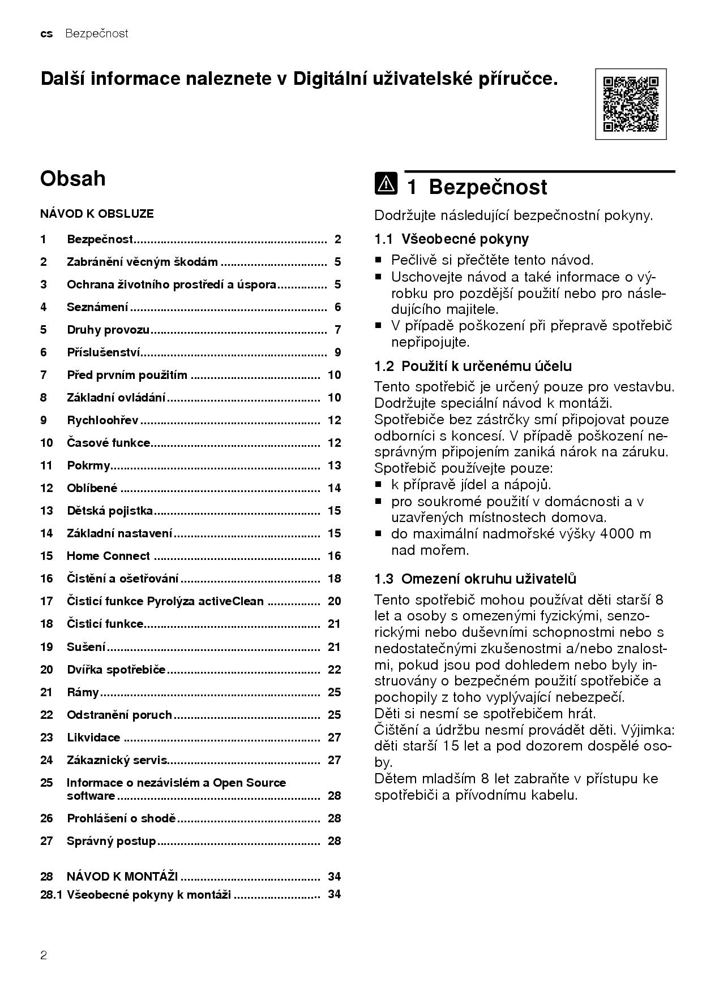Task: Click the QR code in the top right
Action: tap(631, 104)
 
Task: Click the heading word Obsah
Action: tap(73, 179)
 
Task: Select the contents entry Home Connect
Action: tap(108, 556)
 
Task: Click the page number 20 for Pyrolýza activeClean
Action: tap(334, 601)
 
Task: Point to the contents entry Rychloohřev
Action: tap(102, 420)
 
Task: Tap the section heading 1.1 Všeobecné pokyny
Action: tap(451, 239)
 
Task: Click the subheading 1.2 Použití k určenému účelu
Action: tap(473, 366)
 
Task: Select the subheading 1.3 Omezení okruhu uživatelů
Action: tap(475, 579)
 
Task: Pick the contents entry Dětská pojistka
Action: tap(110, 511)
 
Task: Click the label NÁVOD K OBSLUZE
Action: tap(97, 214)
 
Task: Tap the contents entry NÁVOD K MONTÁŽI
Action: tap(122, 877)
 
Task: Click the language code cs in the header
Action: tap(46, 34)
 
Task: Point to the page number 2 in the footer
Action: tap(44, 956)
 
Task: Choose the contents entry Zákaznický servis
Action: tap(117, 760)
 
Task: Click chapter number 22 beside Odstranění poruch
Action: tap(46, 715)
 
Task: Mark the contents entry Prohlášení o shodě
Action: tap(122, 818)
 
